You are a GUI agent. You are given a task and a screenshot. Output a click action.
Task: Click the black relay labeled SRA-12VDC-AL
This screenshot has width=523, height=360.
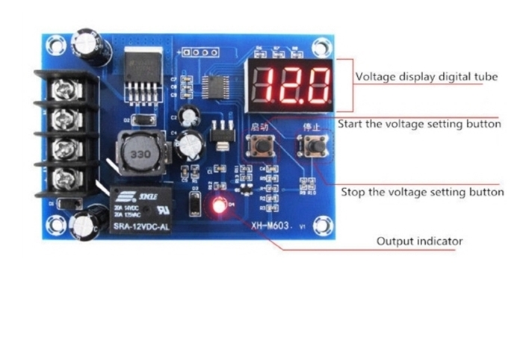(x=141, y=211)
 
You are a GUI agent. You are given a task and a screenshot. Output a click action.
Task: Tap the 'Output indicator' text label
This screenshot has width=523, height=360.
(x=419, y=240)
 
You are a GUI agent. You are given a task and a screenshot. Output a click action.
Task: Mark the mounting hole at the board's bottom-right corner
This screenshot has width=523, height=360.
(x=321, y=223)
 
